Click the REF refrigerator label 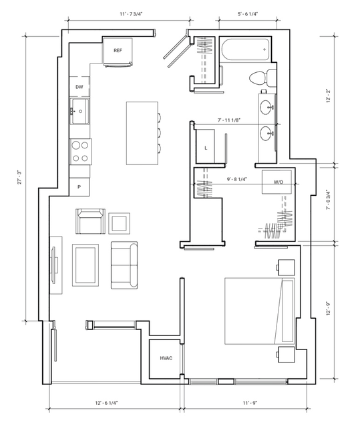click(118, 50)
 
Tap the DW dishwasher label click(79, 87)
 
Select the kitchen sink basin click(79, 112)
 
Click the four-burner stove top click(81, 152)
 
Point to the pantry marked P click(79, 187)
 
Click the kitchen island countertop click(142, 133)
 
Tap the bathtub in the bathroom click(246, 49)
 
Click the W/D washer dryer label click(279, 182)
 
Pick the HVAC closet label click(166, 358)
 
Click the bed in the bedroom click(260, 311)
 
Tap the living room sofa click(124, 265)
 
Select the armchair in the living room click(90, 221)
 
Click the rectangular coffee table click(85, 265)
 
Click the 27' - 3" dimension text click(19, 177)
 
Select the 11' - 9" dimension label click(250, 403)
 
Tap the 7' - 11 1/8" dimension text click(229, 120)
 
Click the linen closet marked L click(206, 148)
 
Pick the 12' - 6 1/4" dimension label click(106, 403)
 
